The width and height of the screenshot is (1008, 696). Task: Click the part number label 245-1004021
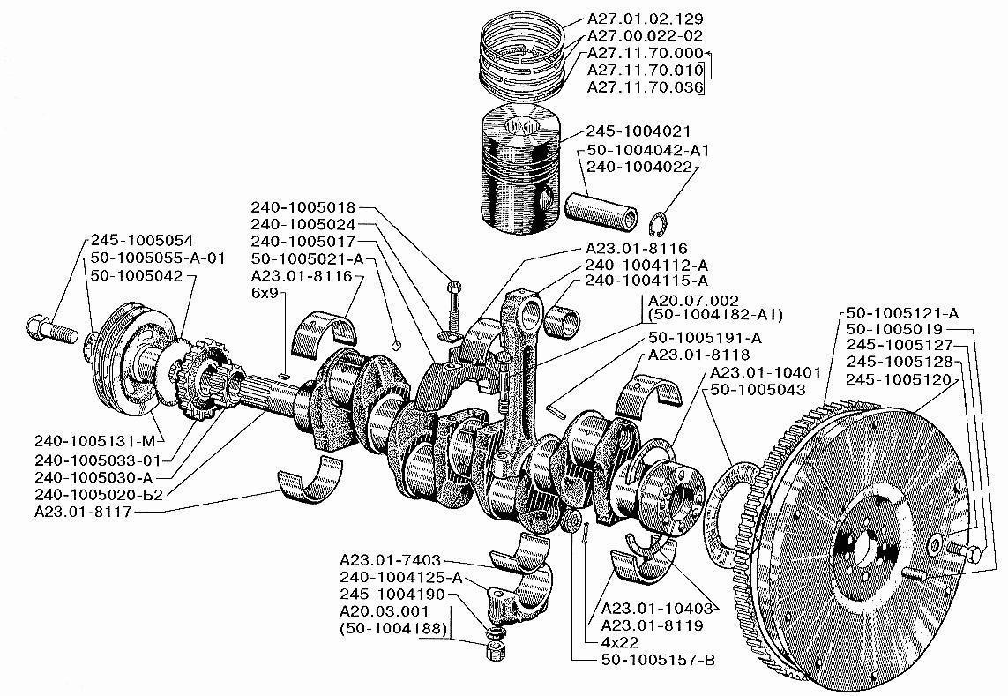pos(638,131)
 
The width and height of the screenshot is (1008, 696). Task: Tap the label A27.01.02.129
pos(645,19)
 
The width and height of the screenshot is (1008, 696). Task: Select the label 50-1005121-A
pos(902,313)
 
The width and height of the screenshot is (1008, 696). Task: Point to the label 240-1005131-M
pos(95,442)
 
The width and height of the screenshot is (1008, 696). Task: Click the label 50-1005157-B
pos(658,660)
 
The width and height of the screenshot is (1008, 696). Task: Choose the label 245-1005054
pos(141,241)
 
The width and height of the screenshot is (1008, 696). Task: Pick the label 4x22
pos(620,642)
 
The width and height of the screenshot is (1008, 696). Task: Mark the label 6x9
pos(265,294)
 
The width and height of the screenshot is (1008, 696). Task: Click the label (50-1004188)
pos(392,628)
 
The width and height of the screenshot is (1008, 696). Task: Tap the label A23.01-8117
pos(83,513)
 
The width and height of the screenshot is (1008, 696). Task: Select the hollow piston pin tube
pos(602,210)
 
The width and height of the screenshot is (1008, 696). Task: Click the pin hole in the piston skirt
pos(546,198)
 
